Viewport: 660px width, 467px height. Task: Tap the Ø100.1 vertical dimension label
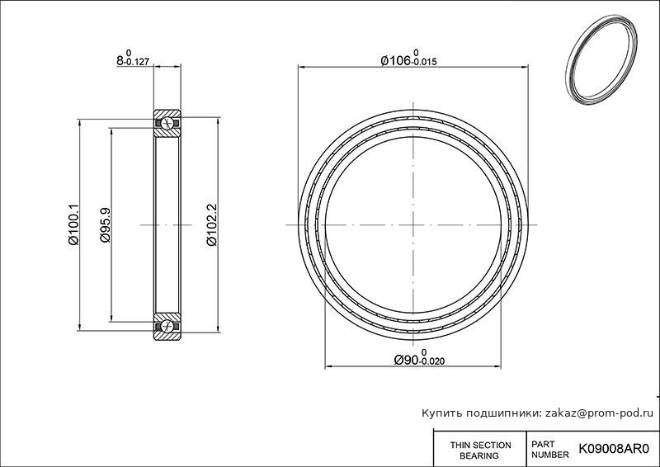(73, 224)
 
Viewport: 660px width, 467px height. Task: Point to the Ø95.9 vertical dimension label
(105, 225)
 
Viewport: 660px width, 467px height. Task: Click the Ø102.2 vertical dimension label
(212, 225)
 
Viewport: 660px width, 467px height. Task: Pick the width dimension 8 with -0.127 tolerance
(133, 58)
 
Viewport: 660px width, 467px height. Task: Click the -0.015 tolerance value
(424, 63)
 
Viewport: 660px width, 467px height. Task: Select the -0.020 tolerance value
(431, 361)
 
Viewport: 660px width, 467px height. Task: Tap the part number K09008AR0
(614, 449)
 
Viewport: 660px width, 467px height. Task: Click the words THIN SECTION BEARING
(480, 450)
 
